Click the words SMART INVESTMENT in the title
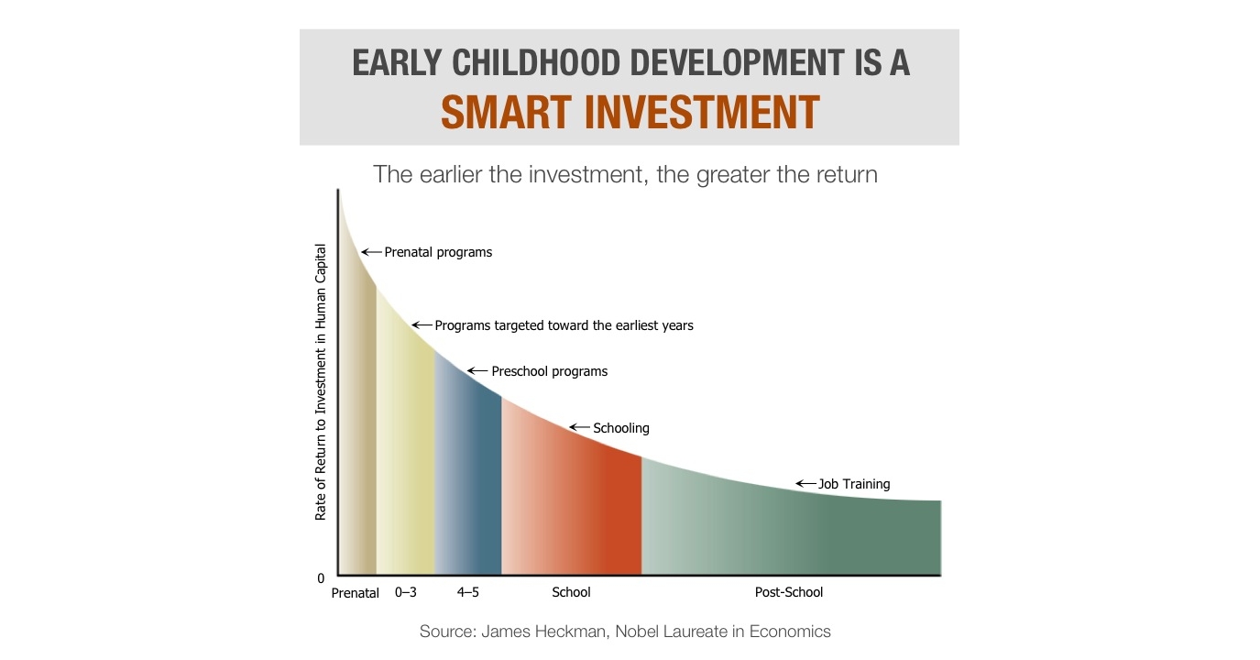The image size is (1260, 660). click(x=630, y=113)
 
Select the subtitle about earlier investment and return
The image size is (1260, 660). click(x=625, y=174)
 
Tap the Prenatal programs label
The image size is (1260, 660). click(x=438, y=252)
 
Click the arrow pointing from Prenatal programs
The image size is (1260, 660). click(x=371, y=252)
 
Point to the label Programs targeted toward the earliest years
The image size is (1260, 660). click(x=564, y=325)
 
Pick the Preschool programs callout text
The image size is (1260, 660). click(x=550, y=371)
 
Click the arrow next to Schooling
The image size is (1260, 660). click(x=579, y=427)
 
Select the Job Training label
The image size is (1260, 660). click(x=854, y=484)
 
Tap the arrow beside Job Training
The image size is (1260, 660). click(x=805, y=483)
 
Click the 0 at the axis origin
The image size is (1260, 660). click(x=321, y=578)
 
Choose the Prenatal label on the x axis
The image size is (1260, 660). click(x=355, y=593)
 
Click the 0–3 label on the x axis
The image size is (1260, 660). click(x=406, y=592)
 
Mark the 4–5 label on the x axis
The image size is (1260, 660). click(x=468, y=592)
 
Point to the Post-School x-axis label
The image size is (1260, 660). click(x=789, y=592)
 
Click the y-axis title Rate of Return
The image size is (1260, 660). click(x=320, y=382)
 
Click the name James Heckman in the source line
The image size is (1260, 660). click(x=542, y=632)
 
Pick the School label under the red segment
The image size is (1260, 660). click(x=571, y=592)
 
